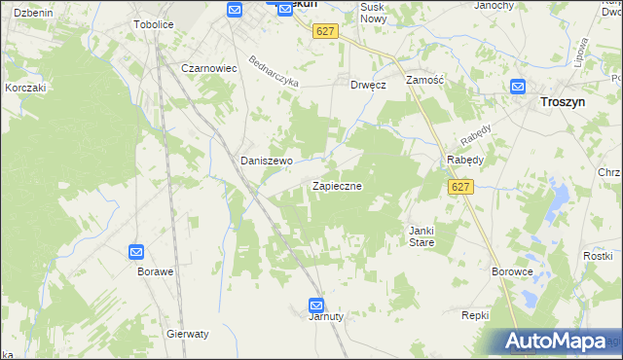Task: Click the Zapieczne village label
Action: (337, 185)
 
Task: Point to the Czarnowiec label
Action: (210, 68)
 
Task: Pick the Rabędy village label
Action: (465, 160)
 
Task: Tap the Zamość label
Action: (424, 79)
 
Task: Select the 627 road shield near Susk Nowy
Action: (325, 31)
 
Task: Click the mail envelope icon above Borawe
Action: (136, 252)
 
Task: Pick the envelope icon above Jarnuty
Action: (315, 304)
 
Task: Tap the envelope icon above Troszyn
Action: (518, 87)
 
